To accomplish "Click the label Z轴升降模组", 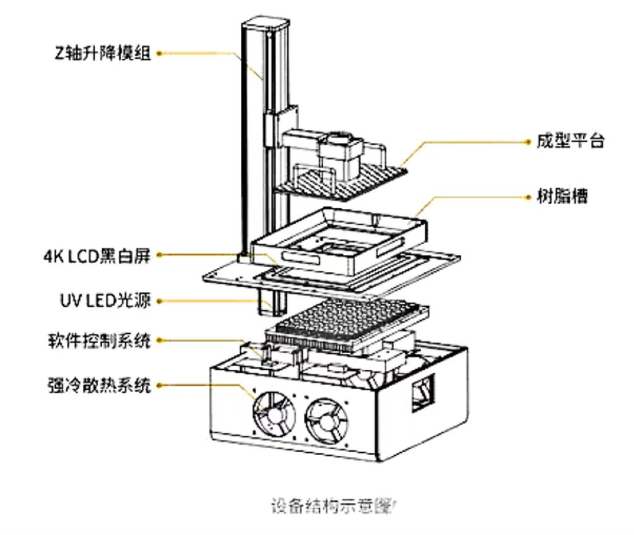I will (x=102, y=53).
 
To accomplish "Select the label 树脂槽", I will (x=562, y=197).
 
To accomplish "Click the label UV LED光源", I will (x=101, y=301).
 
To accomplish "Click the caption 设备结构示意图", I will (x=332, y=506).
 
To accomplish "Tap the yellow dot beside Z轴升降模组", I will (x=159, y=53).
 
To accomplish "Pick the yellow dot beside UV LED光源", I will (x=159, y=301).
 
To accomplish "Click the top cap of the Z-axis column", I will (x=266, y=25).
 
